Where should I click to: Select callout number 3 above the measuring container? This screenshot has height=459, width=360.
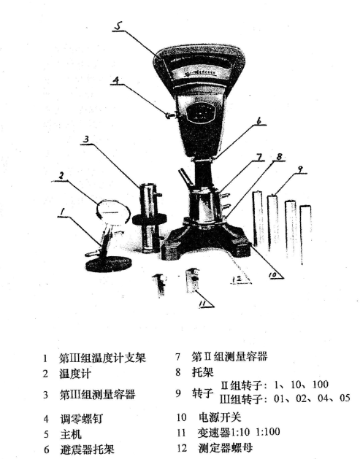85,139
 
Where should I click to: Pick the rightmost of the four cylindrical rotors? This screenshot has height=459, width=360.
305,228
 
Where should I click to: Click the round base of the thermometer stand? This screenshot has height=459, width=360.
107,263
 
